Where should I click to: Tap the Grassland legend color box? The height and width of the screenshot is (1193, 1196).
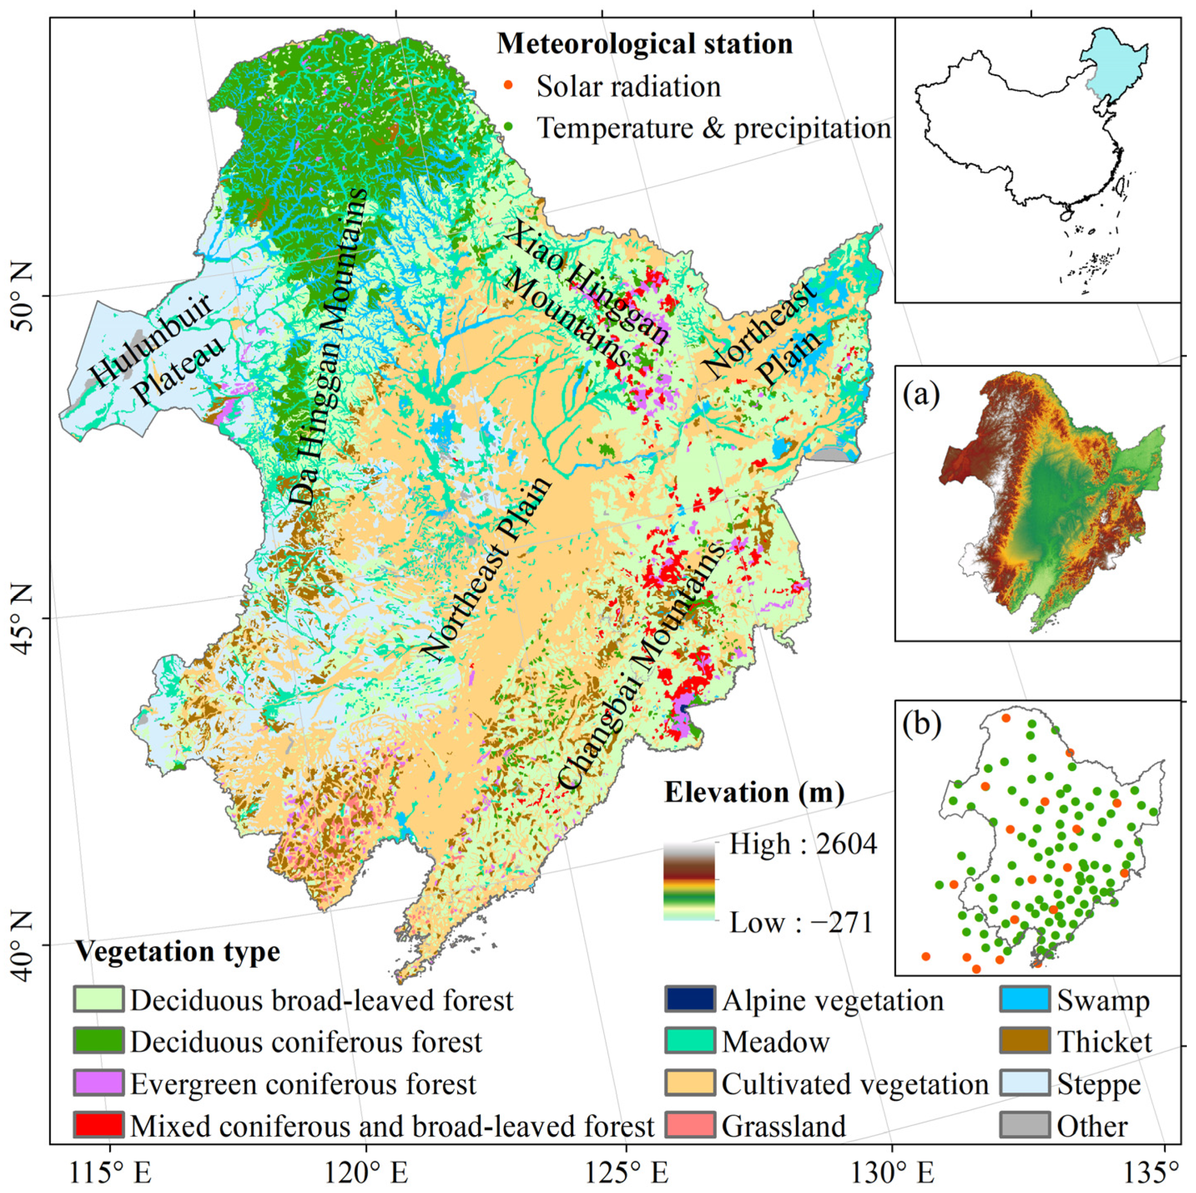(690, 1125)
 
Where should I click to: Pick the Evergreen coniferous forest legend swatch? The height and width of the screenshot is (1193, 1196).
(98, 1084)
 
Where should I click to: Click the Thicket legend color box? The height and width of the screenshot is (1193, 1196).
(1024, 1042)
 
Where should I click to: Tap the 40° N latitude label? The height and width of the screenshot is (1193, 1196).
(24, 947)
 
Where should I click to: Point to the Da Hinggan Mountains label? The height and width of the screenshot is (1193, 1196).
(328, 347)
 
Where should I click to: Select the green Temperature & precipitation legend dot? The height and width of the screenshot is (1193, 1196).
(508, 127)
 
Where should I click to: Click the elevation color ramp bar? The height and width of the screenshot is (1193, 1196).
(688, 882)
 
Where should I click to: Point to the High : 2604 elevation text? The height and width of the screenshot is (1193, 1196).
(802, 844)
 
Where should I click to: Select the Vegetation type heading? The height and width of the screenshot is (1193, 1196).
(178, 951)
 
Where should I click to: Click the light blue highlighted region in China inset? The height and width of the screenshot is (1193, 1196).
(1114, 68)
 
